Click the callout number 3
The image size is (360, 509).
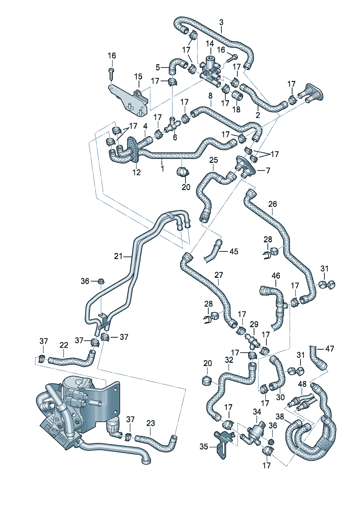point(221,22)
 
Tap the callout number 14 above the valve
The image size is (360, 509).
point(210,44)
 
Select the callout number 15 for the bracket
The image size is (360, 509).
point(138,77)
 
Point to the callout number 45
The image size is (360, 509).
point(234,251)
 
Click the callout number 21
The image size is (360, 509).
point(118,256)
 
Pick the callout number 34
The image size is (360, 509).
point(257,412)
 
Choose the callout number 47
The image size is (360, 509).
point(330,349)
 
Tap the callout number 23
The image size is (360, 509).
point(151,423)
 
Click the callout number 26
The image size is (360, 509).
point(273,204)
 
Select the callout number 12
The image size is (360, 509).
point(136,172)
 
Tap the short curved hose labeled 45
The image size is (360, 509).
point(214,250)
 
